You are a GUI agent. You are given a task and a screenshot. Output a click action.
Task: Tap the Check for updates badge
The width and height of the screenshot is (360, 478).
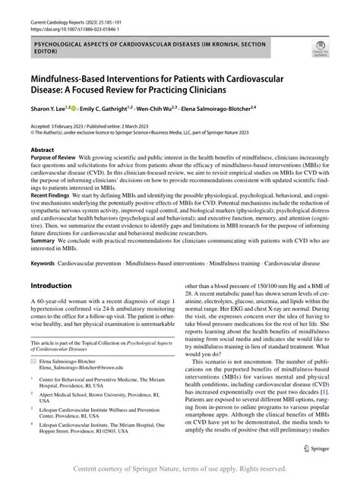[320, 50]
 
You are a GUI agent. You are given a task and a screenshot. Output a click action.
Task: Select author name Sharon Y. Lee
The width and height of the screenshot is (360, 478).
[50, 109]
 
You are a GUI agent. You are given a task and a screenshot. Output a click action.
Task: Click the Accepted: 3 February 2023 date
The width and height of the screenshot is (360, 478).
[63, 125]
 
